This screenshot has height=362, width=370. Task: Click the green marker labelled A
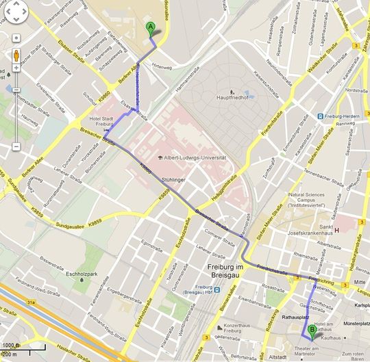151,27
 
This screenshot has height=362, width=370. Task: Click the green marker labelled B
313,331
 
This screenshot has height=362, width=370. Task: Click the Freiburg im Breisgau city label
229,268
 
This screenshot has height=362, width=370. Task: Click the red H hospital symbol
337,230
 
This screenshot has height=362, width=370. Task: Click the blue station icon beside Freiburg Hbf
217,289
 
